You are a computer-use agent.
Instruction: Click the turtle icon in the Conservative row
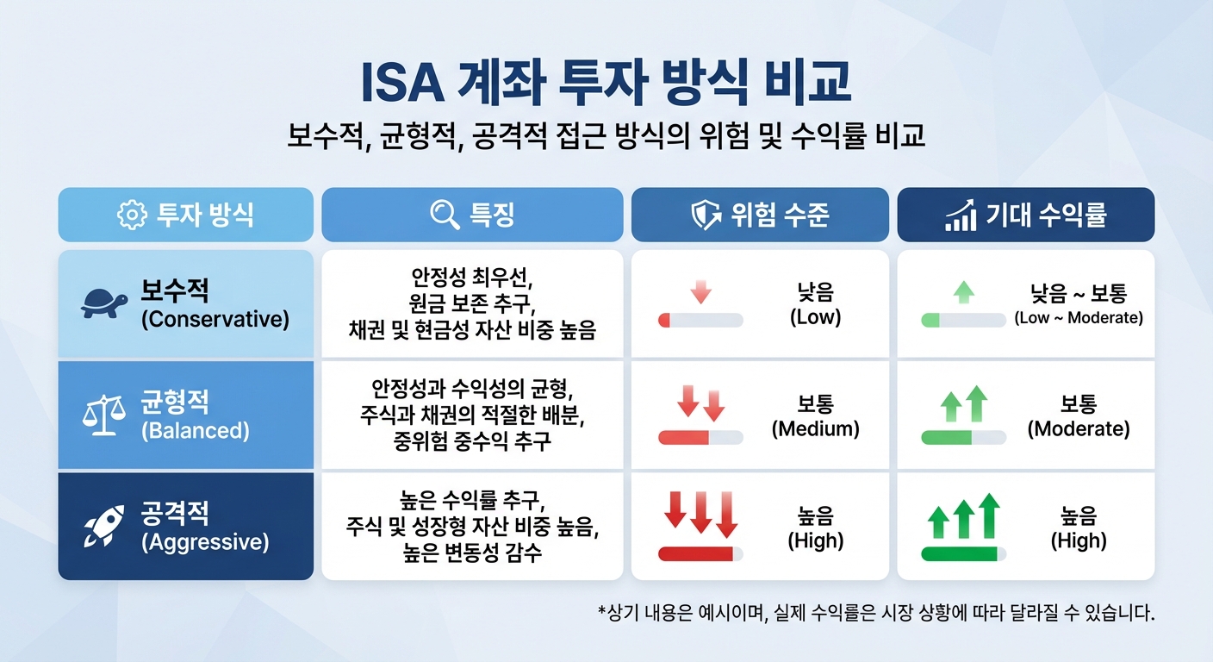tap(104, 303)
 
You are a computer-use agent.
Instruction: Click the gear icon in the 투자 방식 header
tap(132, 215)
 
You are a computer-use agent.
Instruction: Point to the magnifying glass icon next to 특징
tap(445, 215)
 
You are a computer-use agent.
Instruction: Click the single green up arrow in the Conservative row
tap(964, 292)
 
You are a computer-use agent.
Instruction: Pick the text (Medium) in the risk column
tap(815, 428)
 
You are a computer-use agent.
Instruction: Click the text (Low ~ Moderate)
tap(1078, 318)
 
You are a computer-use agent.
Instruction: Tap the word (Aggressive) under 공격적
tap(205, 542)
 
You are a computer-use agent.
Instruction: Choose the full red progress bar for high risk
tap(695, 553)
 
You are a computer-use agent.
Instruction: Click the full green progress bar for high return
tap(958, 553)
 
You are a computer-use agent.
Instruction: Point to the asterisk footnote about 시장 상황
tap(875, 614)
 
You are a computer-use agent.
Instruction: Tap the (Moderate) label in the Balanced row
tap(1078, 428)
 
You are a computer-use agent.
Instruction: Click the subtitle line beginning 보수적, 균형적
tap(606, 136)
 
